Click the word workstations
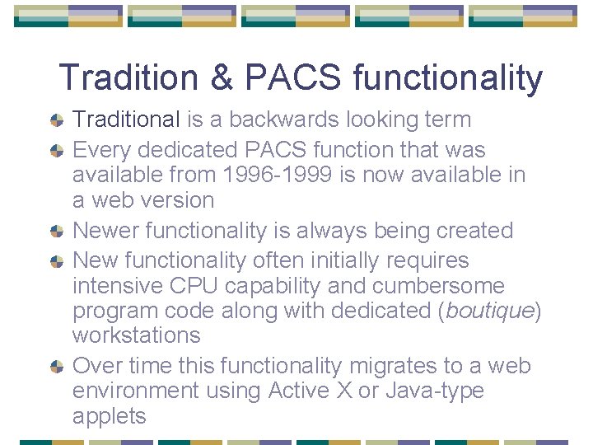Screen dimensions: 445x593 click(x=137, y=335)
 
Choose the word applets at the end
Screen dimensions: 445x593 click(x=110, y=416)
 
